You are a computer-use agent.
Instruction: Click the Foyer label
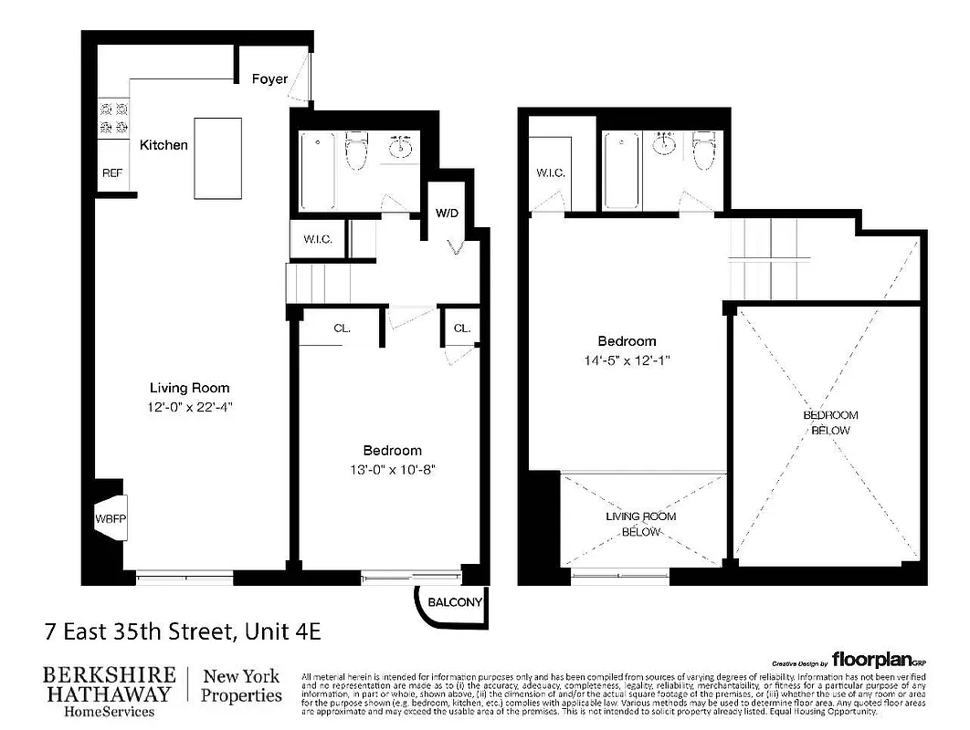(x=269, y=79)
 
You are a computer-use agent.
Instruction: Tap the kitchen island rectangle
(x=217, y=158)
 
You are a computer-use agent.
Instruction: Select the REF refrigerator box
(x=112, y=172)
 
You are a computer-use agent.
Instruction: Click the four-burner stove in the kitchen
(x=113, y=118)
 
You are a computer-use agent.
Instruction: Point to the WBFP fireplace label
(x=111, y=519)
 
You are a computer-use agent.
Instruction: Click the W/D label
(x=447, y=214)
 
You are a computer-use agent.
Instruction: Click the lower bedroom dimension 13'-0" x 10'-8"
(x=392, y=470)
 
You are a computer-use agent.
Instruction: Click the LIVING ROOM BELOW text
(x=641, y=524)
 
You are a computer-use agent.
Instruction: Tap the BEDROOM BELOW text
(x=830, y=422)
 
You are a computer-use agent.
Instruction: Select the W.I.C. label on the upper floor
(x=551, y=172)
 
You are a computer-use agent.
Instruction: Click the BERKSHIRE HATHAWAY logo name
(x=110, y=684)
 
